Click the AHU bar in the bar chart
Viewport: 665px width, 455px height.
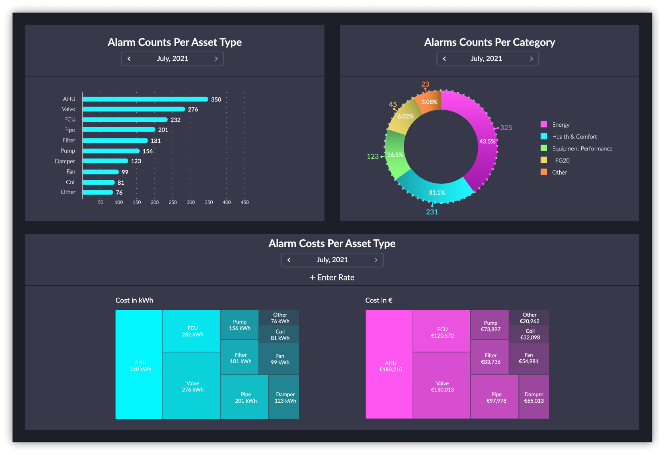point(145,99)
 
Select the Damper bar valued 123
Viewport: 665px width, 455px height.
point(105,161)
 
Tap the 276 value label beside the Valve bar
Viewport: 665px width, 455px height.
point(193,109)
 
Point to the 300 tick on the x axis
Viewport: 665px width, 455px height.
point(191,202)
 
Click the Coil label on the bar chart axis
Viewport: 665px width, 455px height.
point(71,182)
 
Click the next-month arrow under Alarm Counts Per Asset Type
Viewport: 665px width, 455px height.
point(216,59)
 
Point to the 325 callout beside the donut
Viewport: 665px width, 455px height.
point(506,128)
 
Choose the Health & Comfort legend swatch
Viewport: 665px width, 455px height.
point(544,136)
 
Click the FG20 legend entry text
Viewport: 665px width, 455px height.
point(562,161)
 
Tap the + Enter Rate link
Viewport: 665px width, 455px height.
point(332,277)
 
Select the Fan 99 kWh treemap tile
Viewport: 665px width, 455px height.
point(279,358)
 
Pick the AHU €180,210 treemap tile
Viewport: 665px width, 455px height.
point(389,364)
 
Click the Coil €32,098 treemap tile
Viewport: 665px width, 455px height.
point(529,334)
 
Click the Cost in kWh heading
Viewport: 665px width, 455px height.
point(134,300)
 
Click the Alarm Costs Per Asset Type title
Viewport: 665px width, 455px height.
point(332,243)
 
